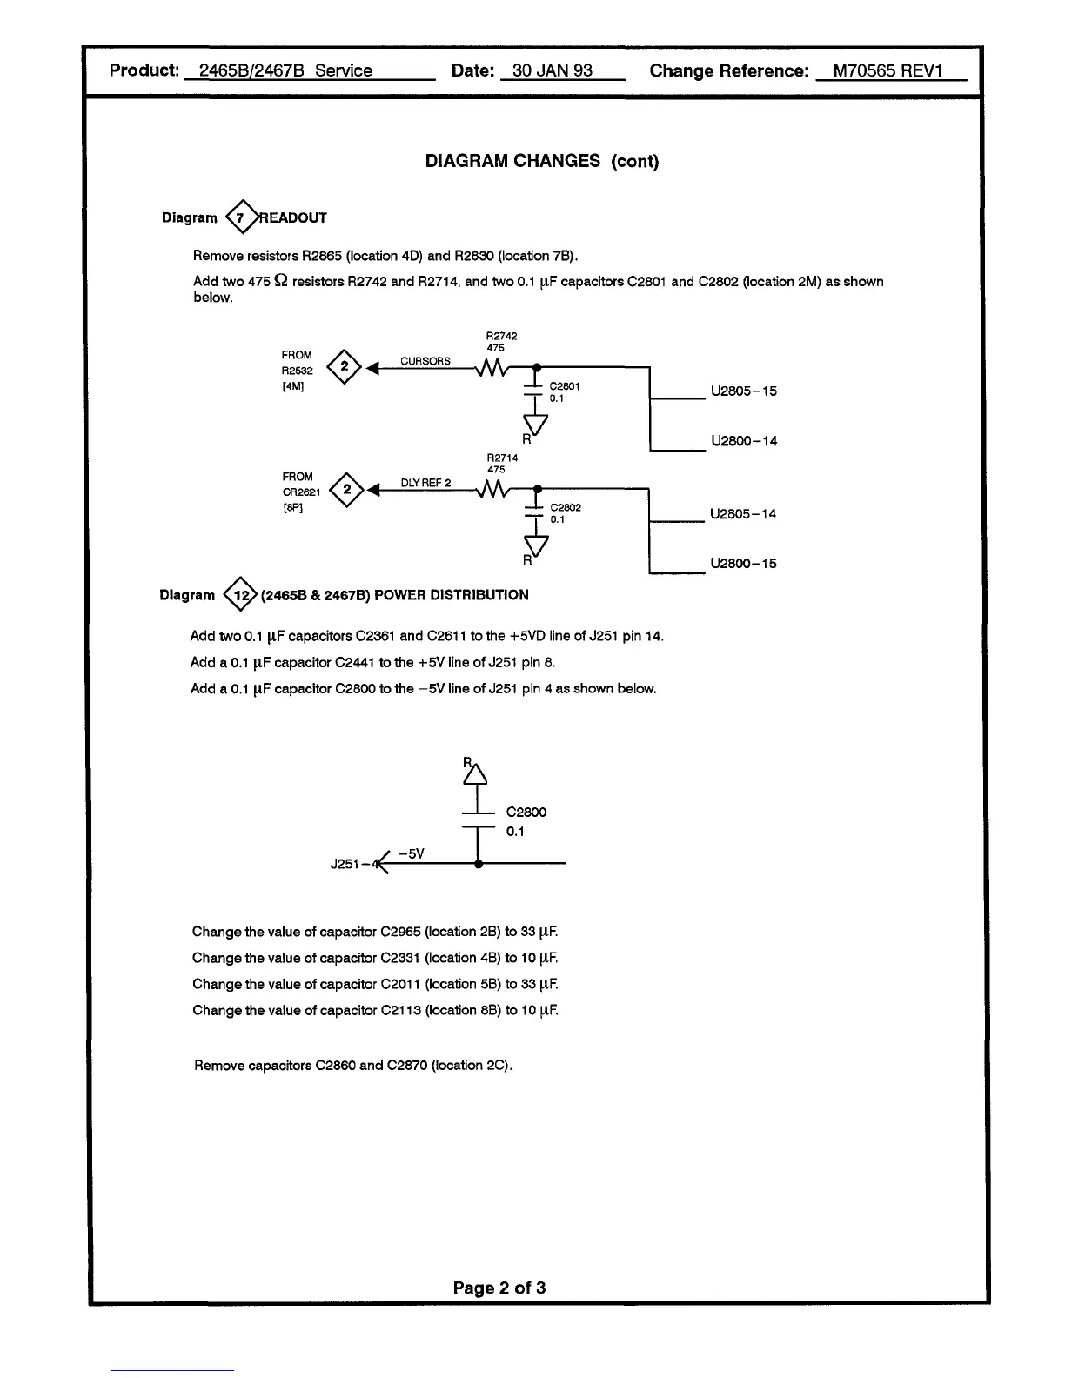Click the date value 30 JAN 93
[553, 70]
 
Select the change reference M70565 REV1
[887, 70]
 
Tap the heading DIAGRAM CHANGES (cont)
[541, 161]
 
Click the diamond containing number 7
[241, 217]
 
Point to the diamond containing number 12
[241, 595]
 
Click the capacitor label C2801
[565, 385]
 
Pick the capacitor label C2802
[566, 507]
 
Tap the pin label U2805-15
[743, 391]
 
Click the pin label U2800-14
[743, 441]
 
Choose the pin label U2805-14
[743, 514]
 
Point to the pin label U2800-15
[743, 564]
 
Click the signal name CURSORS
[425, 361]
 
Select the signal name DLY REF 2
[425, 483]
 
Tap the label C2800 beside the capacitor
[526, 812]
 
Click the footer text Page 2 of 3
[499, 1288]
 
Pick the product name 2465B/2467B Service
[285, 70]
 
